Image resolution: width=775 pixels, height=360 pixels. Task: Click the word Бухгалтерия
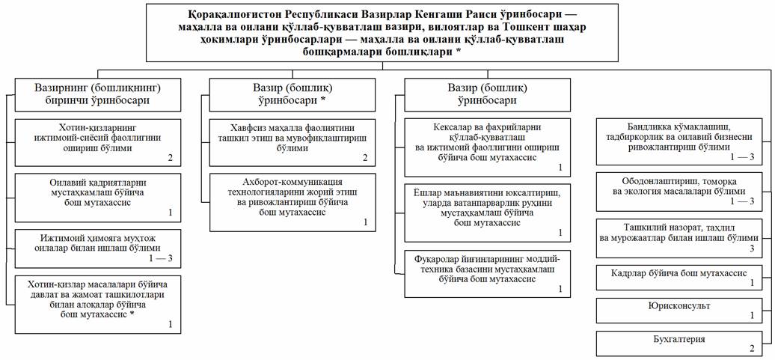pyautogui.click(x=679, y=339)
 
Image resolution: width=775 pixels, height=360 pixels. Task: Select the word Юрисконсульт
pyautogui.click(x=678, y=306)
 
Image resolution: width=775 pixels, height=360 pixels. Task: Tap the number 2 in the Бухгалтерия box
pyautogui.click(x=752, y=349)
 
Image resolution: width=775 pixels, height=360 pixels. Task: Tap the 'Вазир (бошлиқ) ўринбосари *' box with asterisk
pyautogui.click(x=292, y=94)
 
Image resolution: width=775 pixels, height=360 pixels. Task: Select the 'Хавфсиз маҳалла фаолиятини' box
pyautogui.click(x=292, y=142)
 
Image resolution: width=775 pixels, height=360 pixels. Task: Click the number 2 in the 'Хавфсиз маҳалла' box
pyautogui.click(x=364, y=158)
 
